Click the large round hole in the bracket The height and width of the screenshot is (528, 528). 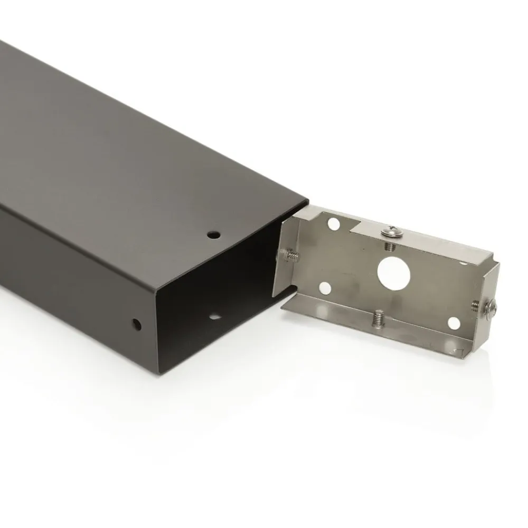[393, 271]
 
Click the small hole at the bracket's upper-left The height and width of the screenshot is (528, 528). [333, 224]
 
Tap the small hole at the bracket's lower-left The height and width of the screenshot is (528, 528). [325, 288]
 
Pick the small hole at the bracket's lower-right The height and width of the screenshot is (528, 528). [454, 322]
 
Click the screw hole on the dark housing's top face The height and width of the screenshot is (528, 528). [213, 234]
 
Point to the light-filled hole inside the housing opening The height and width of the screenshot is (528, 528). [215, 317]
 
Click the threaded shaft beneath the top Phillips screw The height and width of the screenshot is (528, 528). [389, 245]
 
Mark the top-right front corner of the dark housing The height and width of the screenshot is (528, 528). [307, 201]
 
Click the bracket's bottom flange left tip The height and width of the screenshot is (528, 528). [283, 308]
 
